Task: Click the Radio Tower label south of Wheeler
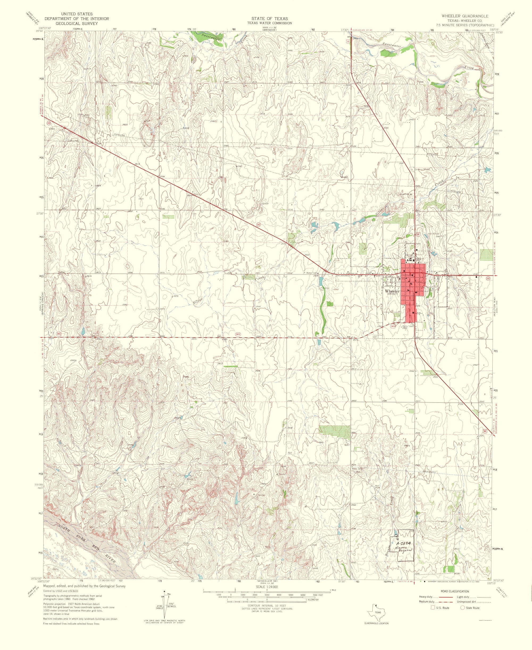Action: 408,326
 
